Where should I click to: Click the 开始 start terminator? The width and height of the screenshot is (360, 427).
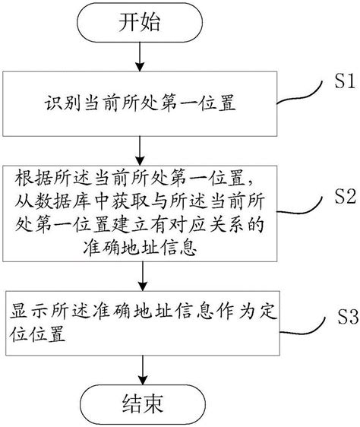coord(140,22)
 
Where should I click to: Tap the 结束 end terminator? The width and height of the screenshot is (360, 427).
coord(143,404)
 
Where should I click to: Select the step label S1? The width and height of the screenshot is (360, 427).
coord(345,81)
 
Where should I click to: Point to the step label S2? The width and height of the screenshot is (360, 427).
coord(346,197)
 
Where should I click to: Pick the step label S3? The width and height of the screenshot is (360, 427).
coord(348,316)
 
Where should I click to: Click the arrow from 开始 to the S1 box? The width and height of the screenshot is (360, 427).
coord(140,57)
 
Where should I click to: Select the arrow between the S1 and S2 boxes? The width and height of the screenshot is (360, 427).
coord(140,150)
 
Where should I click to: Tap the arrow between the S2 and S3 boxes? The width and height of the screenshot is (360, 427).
coord(143,276)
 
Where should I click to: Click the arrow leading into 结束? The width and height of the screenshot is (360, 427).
coord(143,370)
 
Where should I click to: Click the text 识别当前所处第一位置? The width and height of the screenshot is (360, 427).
coord(140,104)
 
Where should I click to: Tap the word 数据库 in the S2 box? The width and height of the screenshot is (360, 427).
coord(62,202)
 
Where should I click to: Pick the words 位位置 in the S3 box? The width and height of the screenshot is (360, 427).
coord(37,333)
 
